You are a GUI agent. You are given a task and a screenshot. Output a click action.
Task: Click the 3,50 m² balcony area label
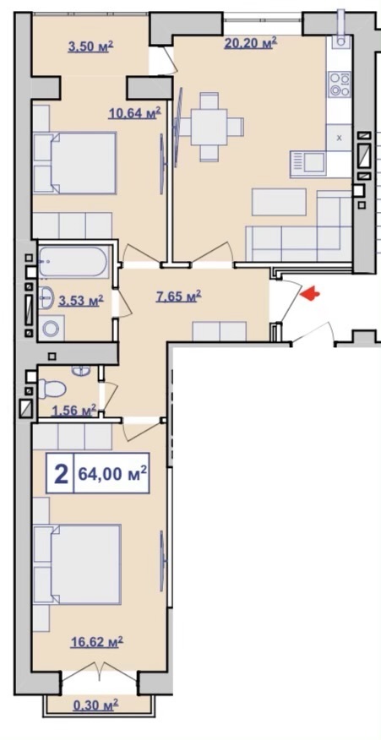tap(90, 46)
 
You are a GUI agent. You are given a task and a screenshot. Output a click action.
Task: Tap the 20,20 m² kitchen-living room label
tap(250, 43)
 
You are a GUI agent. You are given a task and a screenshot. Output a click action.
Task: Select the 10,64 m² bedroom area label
tap(134, 113)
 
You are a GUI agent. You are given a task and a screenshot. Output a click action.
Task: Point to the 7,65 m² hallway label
tap(178, 297)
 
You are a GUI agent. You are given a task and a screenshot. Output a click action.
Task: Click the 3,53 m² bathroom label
tap(81, 301)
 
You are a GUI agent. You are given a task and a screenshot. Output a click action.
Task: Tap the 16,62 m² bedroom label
tap(97, 641)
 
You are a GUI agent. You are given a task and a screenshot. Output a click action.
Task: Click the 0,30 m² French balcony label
tap(95, 705)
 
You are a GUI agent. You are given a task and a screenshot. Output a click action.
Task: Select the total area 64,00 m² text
tap(112, 473)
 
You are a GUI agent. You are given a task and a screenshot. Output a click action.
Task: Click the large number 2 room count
tap(61, 474)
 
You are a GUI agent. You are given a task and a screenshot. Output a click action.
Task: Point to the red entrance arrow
tap(310, 294)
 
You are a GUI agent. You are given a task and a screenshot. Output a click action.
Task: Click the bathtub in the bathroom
tap(73, 261)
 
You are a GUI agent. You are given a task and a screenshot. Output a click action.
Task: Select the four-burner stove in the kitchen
tap(340, 84)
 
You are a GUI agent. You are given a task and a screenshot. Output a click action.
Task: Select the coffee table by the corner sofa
tap(279, 202)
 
